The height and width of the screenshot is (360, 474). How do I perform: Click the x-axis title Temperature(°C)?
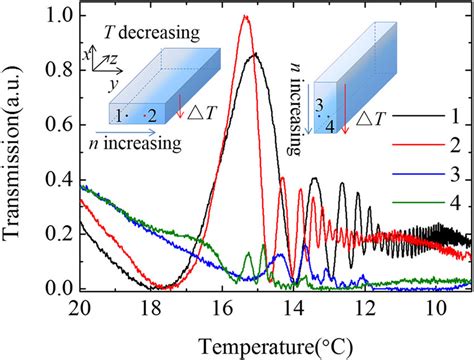tap(282, 344)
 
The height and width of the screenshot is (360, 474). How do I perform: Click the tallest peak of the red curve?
tap(245, 17)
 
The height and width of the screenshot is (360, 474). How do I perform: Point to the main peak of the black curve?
tap(255, 55)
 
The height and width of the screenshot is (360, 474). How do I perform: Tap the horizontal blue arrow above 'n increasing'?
tap(130, 129)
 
